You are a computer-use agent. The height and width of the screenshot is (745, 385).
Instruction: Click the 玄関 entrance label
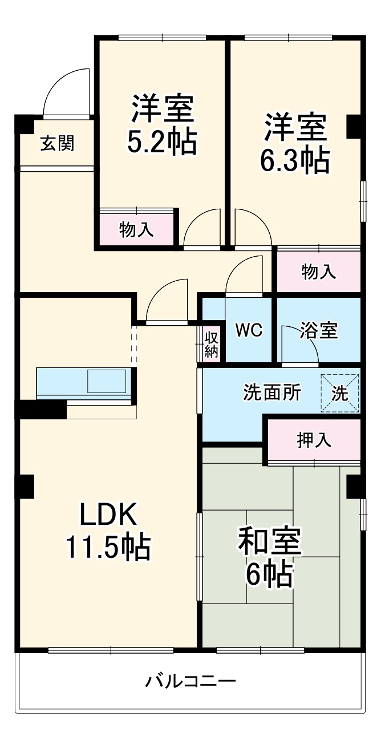pos(56,143)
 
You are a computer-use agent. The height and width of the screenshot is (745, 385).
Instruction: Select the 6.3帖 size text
pos(294,161)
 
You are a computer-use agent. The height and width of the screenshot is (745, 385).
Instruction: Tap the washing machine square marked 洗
pos(340,393)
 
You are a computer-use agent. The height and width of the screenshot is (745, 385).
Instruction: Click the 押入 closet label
pos(314,440)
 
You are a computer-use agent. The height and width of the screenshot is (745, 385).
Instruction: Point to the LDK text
pos(108,516)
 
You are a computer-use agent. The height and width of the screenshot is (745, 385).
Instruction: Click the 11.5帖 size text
pos(108,548)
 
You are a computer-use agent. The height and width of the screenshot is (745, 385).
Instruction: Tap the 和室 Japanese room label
pos(269,542)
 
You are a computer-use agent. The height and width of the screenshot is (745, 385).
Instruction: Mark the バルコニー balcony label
pos(191,681)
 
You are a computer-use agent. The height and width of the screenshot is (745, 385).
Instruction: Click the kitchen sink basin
pos(107,380)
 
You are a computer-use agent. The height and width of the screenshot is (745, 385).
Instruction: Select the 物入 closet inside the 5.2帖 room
pos(136,229)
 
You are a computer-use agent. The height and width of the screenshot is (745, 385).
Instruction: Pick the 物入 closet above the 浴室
pos(318,272)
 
